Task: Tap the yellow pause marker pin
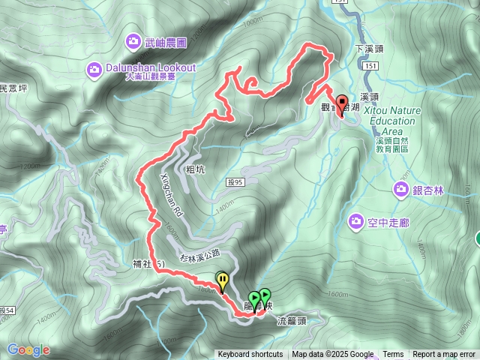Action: [x=223, y=280]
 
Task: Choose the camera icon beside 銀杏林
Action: [x=400, y=190]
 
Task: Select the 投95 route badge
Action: [x=235, y=181]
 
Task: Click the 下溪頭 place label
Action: [x=369, y=48]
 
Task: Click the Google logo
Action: [x=28, y=349]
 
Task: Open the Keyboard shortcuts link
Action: [x=250, y=355]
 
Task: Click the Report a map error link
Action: [x=445, y=355]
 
